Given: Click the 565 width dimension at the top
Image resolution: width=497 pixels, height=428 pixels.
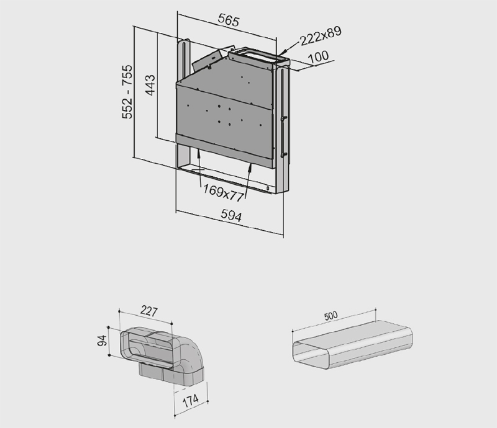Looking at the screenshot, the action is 229,20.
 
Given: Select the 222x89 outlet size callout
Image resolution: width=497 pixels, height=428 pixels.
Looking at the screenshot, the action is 321,36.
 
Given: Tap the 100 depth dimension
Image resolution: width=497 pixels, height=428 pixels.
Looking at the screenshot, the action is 318,57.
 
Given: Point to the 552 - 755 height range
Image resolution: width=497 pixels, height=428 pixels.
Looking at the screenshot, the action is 127,92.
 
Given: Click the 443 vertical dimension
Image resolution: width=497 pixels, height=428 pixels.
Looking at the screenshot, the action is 150,85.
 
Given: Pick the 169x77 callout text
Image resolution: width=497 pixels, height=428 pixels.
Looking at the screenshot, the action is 224,193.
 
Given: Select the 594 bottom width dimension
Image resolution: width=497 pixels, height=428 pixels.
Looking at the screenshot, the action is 231,215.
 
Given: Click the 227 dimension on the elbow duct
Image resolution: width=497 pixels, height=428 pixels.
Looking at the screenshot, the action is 148,311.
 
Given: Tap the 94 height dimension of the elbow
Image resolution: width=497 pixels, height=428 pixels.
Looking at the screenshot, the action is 102,341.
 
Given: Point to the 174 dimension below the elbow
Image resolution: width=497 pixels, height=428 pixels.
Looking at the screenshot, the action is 191,401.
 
